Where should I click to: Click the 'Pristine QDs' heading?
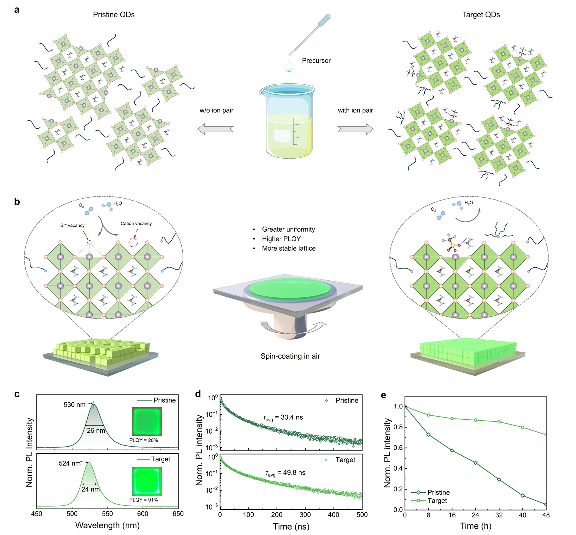(x=114, y=15)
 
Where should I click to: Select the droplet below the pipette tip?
(x=289, y=65)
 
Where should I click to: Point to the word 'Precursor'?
(x=316, y=61)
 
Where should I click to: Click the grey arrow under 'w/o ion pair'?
(x=216, y=129)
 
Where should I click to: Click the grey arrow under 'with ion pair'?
(x=355, y=129)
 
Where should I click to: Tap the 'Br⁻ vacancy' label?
(x=72, y=225)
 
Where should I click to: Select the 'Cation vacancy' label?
(x=136, y=223)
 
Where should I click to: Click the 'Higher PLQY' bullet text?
(x=281, y=239)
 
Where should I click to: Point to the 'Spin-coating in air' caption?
(x=290, y=356)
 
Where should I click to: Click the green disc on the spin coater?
(x=290, y=287)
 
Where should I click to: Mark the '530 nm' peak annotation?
(x=74, y=405)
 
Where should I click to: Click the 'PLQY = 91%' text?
(x=143, y=500)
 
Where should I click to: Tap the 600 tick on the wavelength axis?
(x=143, y=514)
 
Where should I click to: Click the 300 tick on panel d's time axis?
(x=305, y=515)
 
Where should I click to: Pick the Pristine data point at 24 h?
(x=476, y=463)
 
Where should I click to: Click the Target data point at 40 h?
(x=523, y=427)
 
